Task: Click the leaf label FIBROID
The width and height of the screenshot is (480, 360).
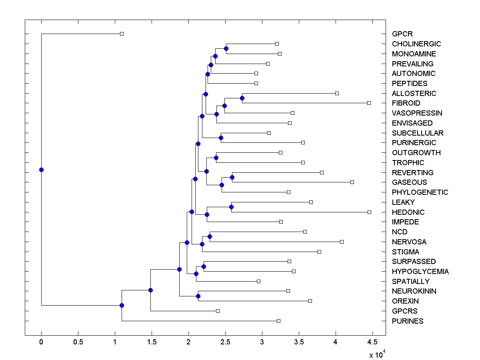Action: point(406,103)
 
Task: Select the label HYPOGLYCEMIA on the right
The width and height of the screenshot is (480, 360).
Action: point(420,272)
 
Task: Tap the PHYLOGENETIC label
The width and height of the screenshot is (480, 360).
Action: point(420,192)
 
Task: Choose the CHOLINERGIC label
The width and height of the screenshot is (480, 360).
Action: point(416,44)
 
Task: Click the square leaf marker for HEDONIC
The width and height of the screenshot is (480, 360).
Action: point(369,212)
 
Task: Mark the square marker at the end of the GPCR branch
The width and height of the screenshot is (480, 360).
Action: point(122,34)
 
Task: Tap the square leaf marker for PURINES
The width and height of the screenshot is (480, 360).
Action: point(279,321)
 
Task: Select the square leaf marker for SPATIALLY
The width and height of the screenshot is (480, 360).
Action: point(258,281)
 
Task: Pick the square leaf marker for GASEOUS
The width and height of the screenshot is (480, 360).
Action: point(352,182)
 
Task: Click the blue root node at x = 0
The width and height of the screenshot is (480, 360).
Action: point(41,170)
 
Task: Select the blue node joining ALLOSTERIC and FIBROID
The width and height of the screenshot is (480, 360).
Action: point(242,98)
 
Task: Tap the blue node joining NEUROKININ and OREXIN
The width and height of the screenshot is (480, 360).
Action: point(198,296)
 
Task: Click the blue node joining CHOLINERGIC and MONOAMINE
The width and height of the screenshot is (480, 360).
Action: point(226,48)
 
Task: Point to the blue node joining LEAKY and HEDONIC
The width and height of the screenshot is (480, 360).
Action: point(231,207)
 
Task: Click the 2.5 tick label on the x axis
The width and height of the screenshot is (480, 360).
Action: point(225,342)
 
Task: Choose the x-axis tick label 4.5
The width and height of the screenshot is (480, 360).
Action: point(372,342)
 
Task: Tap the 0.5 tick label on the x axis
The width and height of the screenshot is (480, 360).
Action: point(78,342)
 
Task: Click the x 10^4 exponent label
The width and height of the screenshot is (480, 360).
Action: point(377,354)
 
